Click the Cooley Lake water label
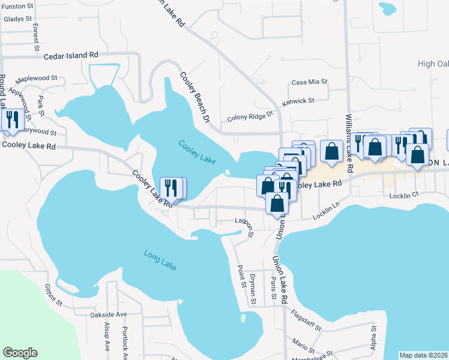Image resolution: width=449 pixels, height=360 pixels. point(196,152)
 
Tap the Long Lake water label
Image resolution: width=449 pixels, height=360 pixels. point(160,260)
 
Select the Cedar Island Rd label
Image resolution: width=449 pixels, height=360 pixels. point(71,55)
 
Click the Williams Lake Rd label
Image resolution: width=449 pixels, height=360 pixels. point(348,138)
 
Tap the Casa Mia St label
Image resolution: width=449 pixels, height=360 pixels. point(310,82)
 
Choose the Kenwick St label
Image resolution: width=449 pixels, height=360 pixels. point(298,101)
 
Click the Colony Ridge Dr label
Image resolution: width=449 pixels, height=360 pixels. point(250,116)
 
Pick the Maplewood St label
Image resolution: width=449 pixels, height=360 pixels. point(37,78)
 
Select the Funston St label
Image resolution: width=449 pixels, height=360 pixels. point(17,6)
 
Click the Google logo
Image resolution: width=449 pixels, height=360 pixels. point(20,353)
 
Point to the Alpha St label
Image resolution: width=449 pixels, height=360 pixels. point(373,338)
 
